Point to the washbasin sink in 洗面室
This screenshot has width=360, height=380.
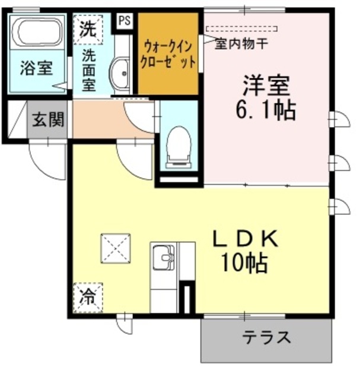[x=122, y=71]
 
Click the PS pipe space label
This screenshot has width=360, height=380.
[x=125, y=20]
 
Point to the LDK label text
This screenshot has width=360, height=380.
[x=245, y=239]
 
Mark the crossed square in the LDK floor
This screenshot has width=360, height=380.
[x=116, y=247]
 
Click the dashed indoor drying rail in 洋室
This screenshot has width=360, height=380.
[x=241, y=28]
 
